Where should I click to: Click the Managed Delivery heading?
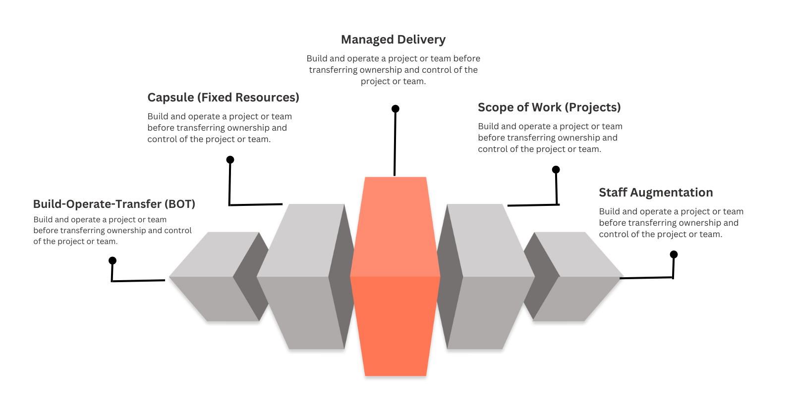click(393, 40)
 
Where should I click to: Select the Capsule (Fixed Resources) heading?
click(223, 98)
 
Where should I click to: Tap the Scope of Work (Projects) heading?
click(549, 107)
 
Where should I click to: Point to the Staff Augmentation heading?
click(656, 193)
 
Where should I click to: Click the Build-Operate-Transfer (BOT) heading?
click(114, 204)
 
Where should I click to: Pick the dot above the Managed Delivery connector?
click(395, 109)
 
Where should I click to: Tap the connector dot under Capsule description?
click(230, 160)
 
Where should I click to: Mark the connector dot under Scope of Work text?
click(556, 170)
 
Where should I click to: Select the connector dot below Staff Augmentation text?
click(674, 254)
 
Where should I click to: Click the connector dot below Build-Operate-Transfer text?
click(113, 261)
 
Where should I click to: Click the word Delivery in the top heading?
click(421, 40)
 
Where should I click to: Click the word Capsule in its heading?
click(170, 98)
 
